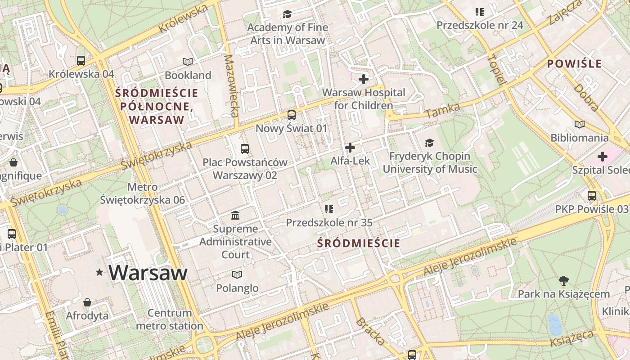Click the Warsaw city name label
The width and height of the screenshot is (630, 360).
point(148,273)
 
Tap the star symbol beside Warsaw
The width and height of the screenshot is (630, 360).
point(99,272)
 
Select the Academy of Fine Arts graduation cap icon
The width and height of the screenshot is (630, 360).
point(287,14)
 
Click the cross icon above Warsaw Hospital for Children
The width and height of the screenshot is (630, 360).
point(364,80)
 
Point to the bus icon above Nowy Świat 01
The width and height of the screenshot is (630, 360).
point(292,115)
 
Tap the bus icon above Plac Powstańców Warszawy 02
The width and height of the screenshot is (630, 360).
point(245,149)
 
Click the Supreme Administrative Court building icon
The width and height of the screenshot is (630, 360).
point(235,216)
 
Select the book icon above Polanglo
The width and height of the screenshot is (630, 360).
point(237,274)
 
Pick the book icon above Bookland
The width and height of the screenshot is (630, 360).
point(188,62)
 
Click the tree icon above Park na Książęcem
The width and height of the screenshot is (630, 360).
point(563,281)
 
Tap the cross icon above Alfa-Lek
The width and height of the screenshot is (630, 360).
point(350,147)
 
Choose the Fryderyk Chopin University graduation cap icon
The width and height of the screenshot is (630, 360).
point(429,143)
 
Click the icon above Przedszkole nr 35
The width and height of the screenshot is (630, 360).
point(329,209)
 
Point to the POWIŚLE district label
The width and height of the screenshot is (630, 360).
point(574,64)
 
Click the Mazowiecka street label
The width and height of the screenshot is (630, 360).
point(231,85)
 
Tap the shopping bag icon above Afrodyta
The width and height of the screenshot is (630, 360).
point(87,302)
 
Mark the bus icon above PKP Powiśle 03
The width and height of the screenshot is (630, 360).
point(591,196)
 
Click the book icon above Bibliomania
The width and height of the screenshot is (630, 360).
point(580,124)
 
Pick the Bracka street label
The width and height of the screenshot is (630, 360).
point(370,332)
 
